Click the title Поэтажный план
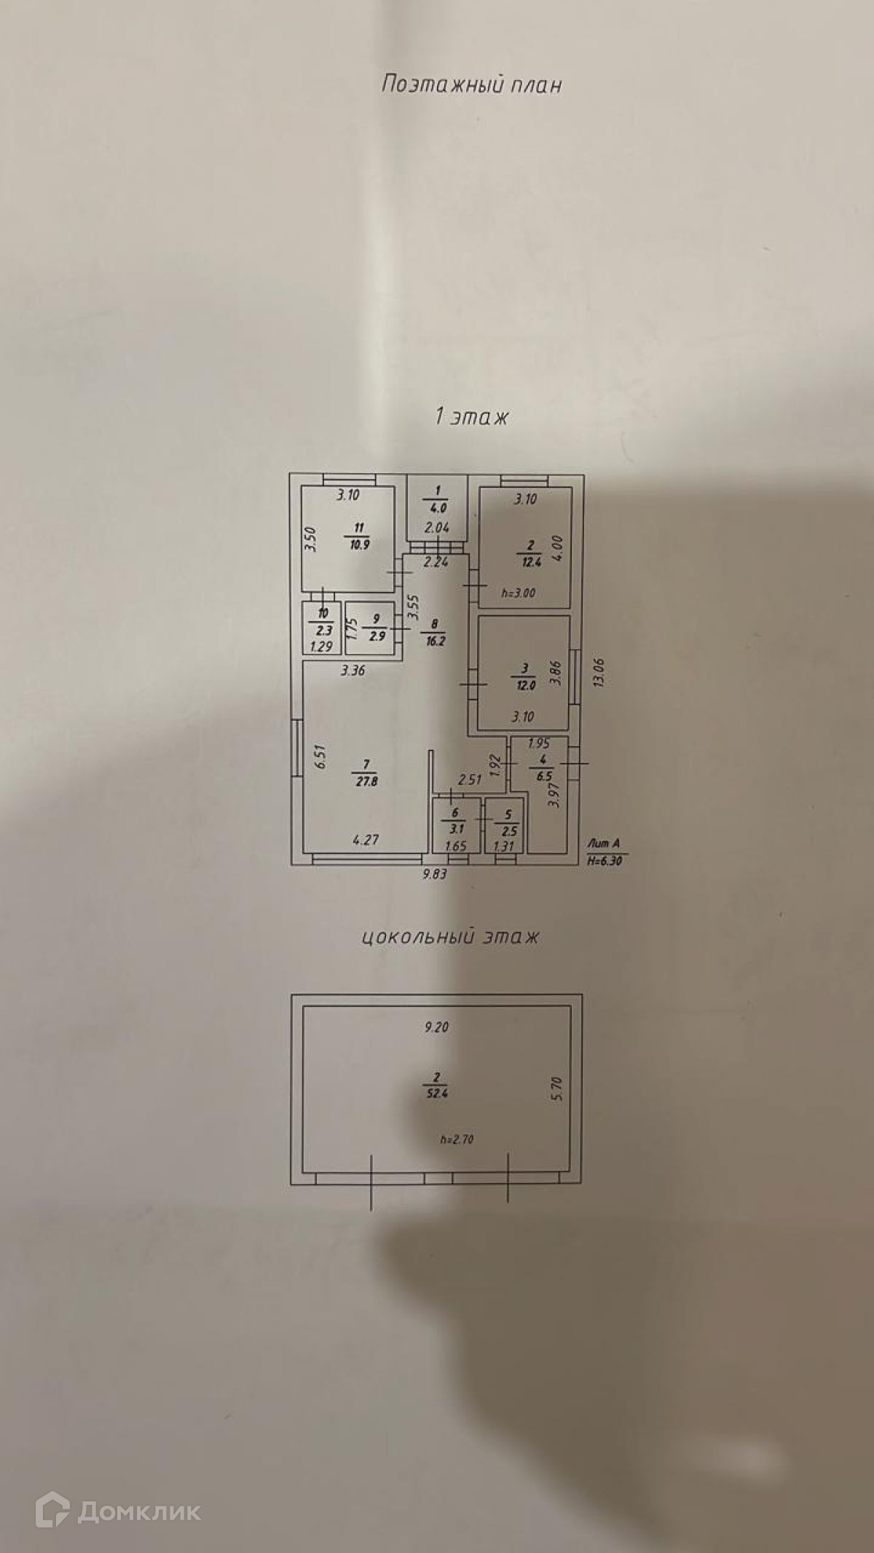pyautogui.click(x=472, y=85)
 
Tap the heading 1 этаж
pyautogui.click(x=471, y=417)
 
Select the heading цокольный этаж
pyautogui.click(x=451, y=937)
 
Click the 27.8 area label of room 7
pyautogui.click(x=366, y=782)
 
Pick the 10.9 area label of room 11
pyautogui.click(x=359, y=545)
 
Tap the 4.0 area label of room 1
pyautogui.click(x=437, y=508)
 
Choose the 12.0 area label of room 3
pyautogui.click(x=526, y=685)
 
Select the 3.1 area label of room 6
pyautogui.click(x=456, y=828)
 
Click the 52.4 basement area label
pyautogui.click(x=436, y=1093)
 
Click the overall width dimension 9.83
pyautogui.click(x=435, y=875)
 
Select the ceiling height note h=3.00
pyautogui.click(x=518, y=593)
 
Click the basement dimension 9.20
pyautogui.click(x=437, y=1027)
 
